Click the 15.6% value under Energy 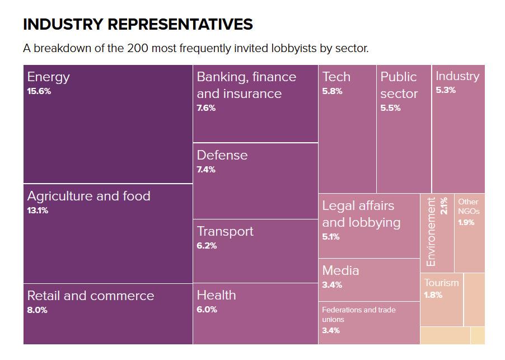(39, 91)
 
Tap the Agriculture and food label (88, 196)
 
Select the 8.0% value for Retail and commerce (37, 310)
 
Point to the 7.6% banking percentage (206, 108)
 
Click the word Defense (222, 155)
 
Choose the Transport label (225, 231)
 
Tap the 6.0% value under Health (207, 310)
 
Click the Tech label (336, 77)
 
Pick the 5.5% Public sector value (390, 108)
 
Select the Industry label (457, 76)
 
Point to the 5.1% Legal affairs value (331, 237)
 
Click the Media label (340, 270)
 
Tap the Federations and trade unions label (358, 315)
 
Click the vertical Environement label (431, 232)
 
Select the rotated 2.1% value (444, 205)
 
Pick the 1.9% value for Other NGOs (466, 222)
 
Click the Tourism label (441, 283)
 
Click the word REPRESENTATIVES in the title (180, 25)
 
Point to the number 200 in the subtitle (137, 48)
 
